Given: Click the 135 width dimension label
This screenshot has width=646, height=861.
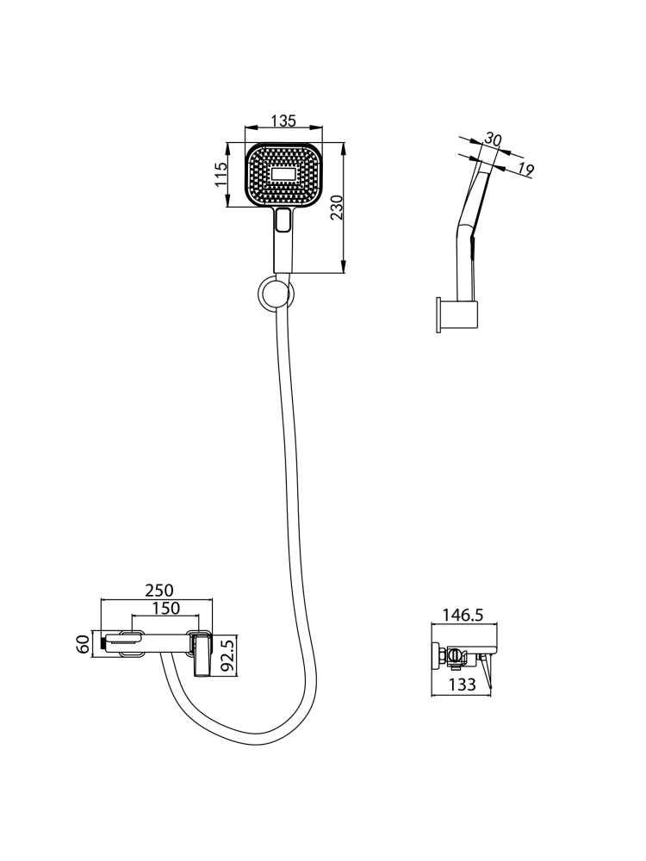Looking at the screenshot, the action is [x=283, y=121].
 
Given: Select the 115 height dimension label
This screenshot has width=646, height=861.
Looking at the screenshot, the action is [x=221, y=175].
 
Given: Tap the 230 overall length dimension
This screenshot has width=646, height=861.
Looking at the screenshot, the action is [x=336, y=207].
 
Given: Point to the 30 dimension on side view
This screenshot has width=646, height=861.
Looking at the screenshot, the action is [x=494, y=139].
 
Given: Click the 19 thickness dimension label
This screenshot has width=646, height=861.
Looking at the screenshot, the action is [x=525, y=170].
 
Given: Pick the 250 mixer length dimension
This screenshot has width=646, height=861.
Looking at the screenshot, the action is [x=158, y=591].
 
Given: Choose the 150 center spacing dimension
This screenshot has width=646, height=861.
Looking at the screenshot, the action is [x=165, y=609].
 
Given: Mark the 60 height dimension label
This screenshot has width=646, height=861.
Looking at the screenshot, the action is [x=83, y=643].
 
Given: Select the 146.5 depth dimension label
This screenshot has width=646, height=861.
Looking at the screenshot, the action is [x=464, y=615].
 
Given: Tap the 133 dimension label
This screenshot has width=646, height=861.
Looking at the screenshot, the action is [x=462, y=684].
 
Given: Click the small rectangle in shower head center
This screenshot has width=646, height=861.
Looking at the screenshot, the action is [x=283, y=175].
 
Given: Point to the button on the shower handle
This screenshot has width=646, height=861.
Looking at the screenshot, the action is [x=283, y=220].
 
